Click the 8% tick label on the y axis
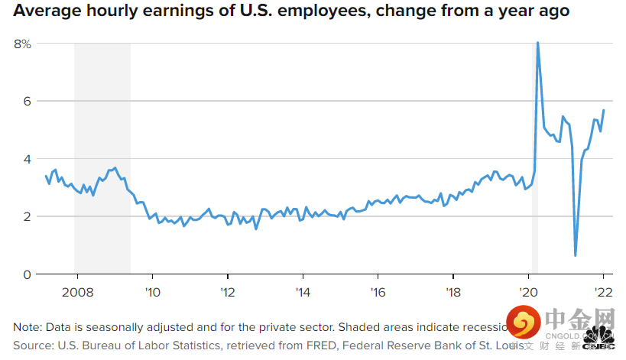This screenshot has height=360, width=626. point(22,44)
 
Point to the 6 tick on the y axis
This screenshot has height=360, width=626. point(27,101)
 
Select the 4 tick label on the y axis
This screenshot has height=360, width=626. point(27,159)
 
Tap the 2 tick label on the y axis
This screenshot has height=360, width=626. point(27,216)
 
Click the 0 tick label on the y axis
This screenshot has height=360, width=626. point(27,274)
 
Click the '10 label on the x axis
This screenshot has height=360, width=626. point(151,291)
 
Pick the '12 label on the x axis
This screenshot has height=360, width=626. point(227,291)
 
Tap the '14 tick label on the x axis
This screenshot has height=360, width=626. point(303,291)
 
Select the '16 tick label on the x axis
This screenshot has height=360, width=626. point(378,291)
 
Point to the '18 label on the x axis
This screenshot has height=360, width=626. point(453,291)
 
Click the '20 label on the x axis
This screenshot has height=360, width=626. point(529,291)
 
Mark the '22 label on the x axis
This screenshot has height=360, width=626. point(603,291)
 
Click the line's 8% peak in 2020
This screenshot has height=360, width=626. point(538,43)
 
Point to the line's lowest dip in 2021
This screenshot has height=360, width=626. point(575,255)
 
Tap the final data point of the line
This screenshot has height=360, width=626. point(604,110)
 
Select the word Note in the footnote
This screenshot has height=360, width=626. point(27,326)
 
